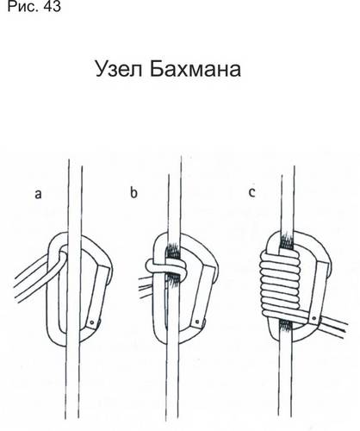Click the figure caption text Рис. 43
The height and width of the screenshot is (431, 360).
[x=34, y=6]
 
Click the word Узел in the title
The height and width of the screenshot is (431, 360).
[x=119, y=69]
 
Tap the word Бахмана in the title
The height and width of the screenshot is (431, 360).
[x=196, y=69]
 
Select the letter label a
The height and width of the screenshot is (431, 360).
[x=38, y=194]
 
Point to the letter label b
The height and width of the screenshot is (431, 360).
[x=133, y=192]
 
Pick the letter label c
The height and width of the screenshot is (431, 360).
[x=251, y=192]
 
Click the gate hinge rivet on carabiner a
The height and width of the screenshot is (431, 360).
[x=92, y=322]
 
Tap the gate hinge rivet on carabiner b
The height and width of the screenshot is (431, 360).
[x=197, y=321]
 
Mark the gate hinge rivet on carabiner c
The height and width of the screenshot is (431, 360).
[x=314, y=318]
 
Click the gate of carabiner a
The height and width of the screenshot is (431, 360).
[x=96, y=297]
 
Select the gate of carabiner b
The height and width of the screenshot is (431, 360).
[x=201, y=296]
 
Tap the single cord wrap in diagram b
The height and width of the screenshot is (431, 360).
[x=166, y=267]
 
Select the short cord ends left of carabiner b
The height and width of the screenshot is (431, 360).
[x=146, y=287]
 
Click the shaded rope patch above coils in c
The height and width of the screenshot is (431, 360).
[x=286, y=240]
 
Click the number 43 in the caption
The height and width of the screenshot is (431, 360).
[x=52, y=6]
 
